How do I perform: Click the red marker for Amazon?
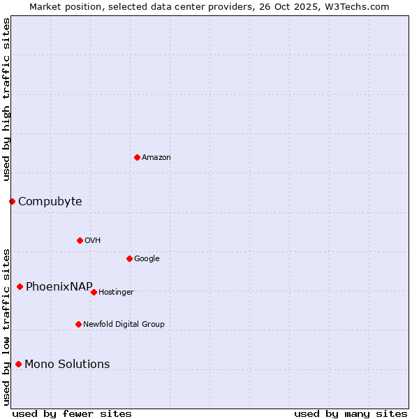137,157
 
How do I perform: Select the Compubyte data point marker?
12,201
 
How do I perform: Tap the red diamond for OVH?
80,240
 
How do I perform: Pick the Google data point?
129,258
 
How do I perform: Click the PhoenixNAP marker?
20,286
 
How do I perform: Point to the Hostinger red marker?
94,292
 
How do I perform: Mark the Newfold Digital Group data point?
78,324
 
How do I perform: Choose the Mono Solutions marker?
18,364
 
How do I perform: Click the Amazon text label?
156,158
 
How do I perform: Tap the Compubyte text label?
50,202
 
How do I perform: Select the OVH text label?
93,241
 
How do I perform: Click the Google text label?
147,259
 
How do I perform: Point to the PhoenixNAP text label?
59,287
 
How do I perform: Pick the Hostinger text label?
116,293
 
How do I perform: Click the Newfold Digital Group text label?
124,325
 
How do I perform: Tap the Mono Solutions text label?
67,365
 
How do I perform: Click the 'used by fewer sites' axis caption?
72,413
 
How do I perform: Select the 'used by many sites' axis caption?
351,413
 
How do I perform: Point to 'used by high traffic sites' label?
7,99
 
